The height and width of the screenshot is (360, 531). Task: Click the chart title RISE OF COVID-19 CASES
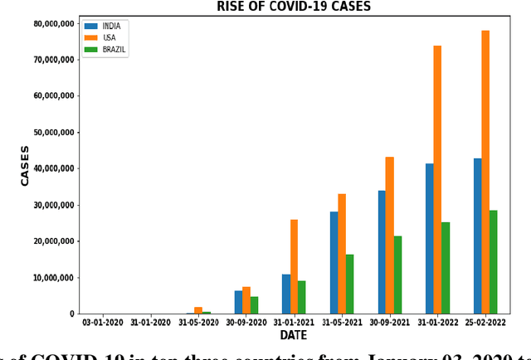pyautogui.click(x=294, y=7)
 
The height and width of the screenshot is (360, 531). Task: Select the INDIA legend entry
pyautogui.click(x=110, y=27)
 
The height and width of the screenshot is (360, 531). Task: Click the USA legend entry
pyautogui.click(x=108, y=38)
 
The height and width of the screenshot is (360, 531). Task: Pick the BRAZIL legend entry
pyautogui.click(x=114, y=50)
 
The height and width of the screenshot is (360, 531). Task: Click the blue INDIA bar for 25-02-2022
pyautogui.click(x=477, y=236)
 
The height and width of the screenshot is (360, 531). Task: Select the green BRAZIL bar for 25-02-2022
pyautogui.click(x=494, y=262)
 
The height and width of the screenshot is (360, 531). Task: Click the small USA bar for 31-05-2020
pyautogui.click(x=198, y=310)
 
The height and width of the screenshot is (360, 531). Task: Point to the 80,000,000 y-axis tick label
pyautogui.click(x=51, y=23)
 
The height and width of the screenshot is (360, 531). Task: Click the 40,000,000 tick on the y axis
pyautogui.click(x=51, y=168)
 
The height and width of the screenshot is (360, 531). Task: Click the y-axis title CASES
pyautogui.click(x=25, y=166)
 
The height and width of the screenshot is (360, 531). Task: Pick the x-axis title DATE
pyautogui.click(x=293, y=336)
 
